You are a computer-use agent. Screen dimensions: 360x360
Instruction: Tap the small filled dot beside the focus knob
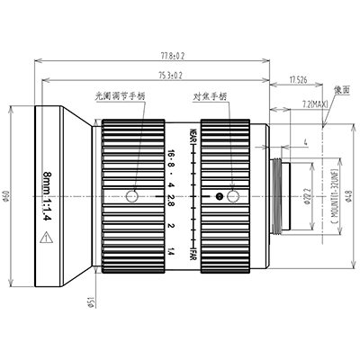pyautogui.click(x=219, y=195)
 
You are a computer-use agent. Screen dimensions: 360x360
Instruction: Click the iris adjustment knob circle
pyautogui.click(x=132, y=195)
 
